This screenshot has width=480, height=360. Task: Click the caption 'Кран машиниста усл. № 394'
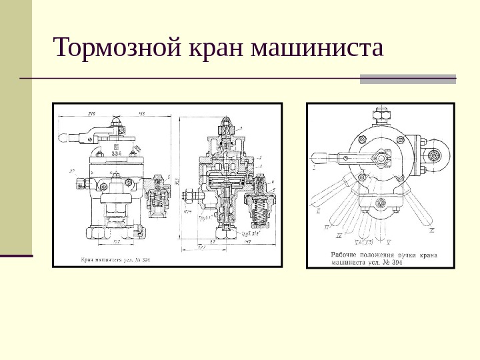pyautogui.click(x=113, y=259)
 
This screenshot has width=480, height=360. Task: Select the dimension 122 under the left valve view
pyautogui.click(x=114, y=241)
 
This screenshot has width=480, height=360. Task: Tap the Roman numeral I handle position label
pyautogui.click(x=315, y=168)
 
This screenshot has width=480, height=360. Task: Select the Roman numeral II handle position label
pyautogui.click(x=318, y=210)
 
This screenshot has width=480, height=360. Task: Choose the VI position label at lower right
pyautogui.click(x=432, y=230)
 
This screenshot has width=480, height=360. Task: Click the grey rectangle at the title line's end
pyautogui.click(x=408, y=79)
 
